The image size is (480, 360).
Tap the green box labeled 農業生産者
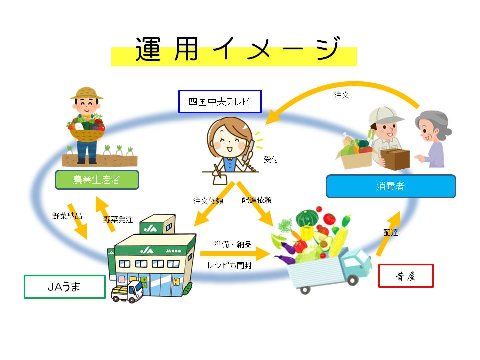97,180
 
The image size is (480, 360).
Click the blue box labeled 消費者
390,186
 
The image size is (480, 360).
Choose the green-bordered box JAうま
65,287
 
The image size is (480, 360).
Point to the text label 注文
342,95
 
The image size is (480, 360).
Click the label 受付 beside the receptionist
271,160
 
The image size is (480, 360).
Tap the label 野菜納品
67,216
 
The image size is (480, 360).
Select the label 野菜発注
118,219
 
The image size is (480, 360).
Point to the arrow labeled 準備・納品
235,254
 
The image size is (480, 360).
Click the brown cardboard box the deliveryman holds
395,159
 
